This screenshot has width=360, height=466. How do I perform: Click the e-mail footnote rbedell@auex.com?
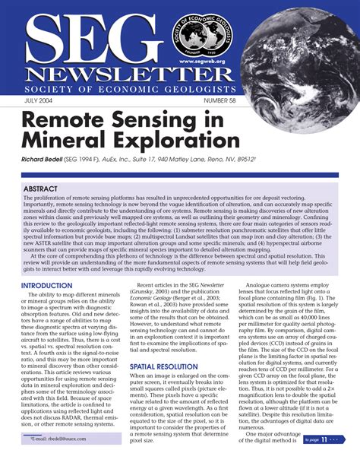[56, 439]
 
